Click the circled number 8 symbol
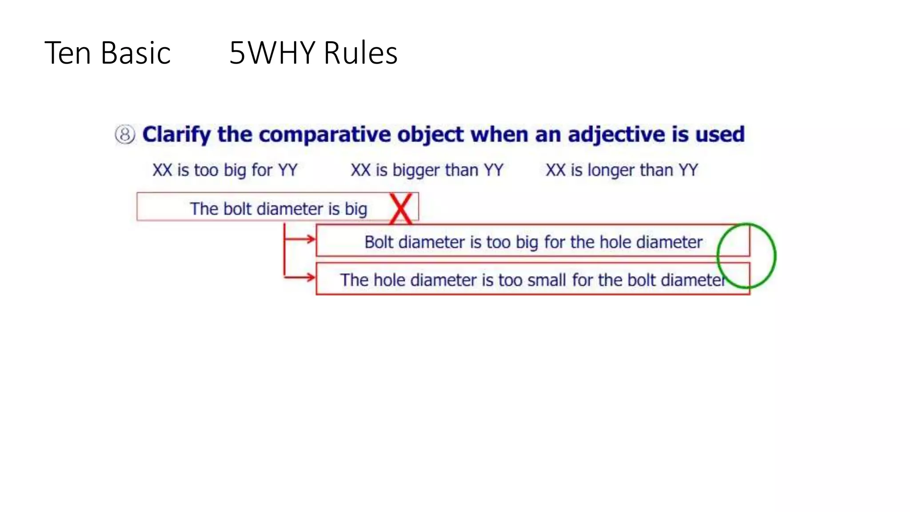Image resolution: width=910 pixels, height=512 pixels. coord(125,135)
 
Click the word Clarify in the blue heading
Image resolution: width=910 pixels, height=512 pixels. coord(176,135)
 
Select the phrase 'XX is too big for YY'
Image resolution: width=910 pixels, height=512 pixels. coord(225,170)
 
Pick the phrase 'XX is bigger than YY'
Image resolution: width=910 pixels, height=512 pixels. coord(427,170)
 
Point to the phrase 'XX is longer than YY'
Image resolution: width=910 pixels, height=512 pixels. coord(622,170)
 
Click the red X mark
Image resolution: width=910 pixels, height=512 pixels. coord(401,209)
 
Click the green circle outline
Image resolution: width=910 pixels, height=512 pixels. coord(774,256)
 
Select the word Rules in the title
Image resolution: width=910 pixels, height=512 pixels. coord(360,53)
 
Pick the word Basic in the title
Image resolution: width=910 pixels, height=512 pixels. coord(136,53)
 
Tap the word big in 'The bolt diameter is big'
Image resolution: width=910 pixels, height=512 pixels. coord(356,209)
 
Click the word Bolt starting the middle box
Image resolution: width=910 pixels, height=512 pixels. coord(379,242)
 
